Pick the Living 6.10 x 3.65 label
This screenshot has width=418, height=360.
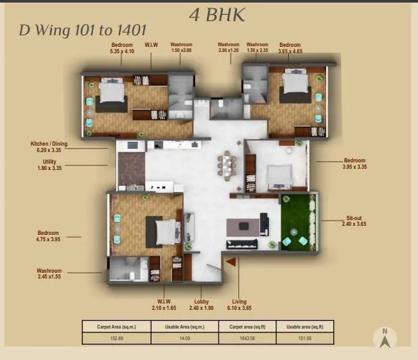pyautogui.click(x=239, y=305)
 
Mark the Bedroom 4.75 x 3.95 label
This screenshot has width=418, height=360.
pyautogui.click(x=48, y=236)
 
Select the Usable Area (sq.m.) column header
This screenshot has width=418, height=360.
pyautogui.click(x=182, y=326)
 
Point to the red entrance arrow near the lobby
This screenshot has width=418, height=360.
pyautogui.click(x=231, y=261)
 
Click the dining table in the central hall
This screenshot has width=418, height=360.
pyautogui.click(x=228, y=164)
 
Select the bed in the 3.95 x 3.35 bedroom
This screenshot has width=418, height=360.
pyautogui.click(x=280, y=175)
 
